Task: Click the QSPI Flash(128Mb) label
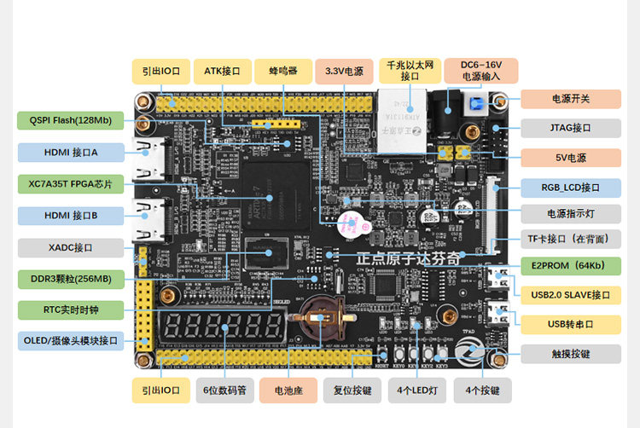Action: pos(65,120)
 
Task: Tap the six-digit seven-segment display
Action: pos(223,327)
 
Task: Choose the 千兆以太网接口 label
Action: pos(410,71)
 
